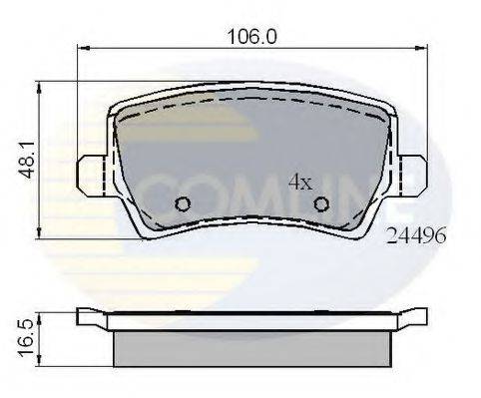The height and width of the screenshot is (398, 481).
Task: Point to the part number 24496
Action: pyautogui.click(x=414, y=237)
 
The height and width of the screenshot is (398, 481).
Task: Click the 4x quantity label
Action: pyautogui.click(x=300, y=182)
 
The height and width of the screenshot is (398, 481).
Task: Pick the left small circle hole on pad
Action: pyautogui.click(x=183, y=204)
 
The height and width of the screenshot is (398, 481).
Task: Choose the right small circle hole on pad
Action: pyautogui.click(x=321, y=204)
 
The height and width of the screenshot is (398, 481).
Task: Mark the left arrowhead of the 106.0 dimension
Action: pyautogui.click(x=83, y=48)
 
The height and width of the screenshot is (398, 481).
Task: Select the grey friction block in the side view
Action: pyautogui.click(x=250, y=348)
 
